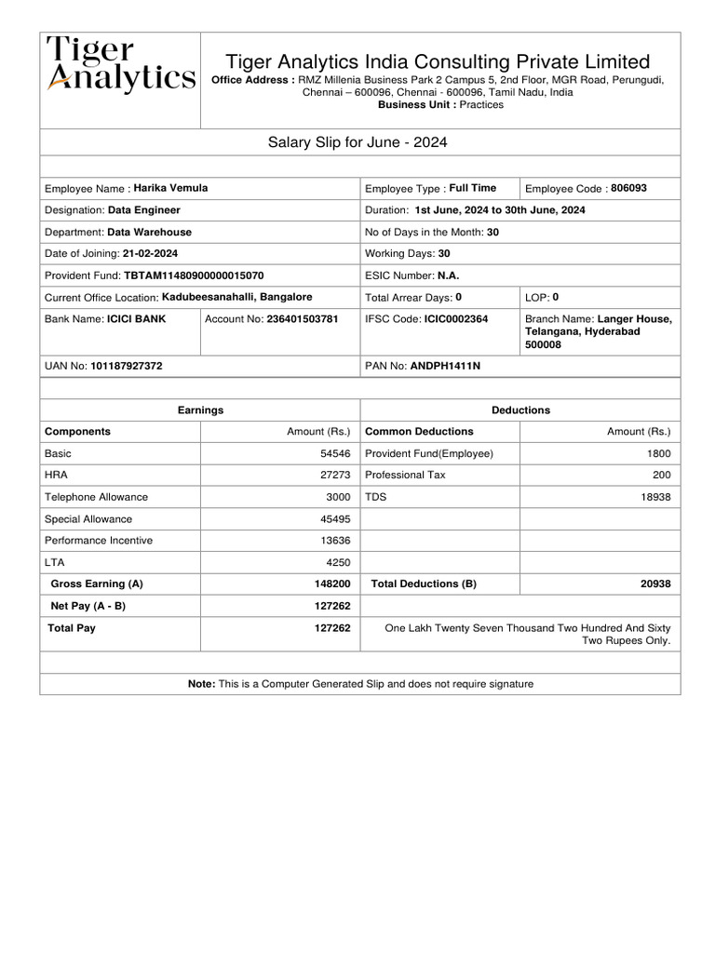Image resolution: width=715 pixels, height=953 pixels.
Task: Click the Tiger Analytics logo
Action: tap(121, 64)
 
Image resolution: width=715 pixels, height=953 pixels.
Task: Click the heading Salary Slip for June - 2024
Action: tap(358, 142)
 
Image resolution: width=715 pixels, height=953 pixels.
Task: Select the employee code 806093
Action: tap(628, 188)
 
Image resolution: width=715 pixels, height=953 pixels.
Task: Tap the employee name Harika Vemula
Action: tap(170, 188)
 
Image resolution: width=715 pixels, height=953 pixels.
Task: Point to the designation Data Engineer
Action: tap(144, 210)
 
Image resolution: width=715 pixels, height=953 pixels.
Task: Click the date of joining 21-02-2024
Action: tap(151, 254)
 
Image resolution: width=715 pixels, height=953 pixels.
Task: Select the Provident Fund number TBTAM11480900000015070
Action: tap(194, 276)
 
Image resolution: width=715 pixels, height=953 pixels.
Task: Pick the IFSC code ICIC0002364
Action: tap(456, 319)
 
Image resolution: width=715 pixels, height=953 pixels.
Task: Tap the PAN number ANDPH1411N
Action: tap(446, 367)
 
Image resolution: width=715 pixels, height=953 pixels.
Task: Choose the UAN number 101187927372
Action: tap(127, 367)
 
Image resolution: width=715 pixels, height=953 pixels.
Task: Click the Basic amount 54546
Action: tap(335, 454)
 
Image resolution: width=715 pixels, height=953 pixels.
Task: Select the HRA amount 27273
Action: tap(335, 476)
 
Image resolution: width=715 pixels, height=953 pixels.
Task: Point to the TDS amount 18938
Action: tap(655, 498)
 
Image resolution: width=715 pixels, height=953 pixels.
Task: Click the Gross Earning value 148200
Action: tap(332, 584)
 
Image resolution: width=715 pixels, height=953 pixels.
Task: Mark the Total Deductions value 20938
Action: tap(655, 584)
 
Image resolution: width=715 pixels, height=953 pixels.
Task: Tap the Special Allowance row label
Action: tap(88, 519)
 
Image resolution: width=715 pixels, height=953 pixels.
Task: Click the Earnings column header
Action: tap(200, 410)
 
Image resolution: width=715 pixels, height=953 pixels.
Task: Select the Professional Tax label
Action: tap(405, 476)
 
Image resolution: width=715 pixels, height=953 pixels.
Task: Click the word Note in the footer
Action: tap(201, 684)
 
